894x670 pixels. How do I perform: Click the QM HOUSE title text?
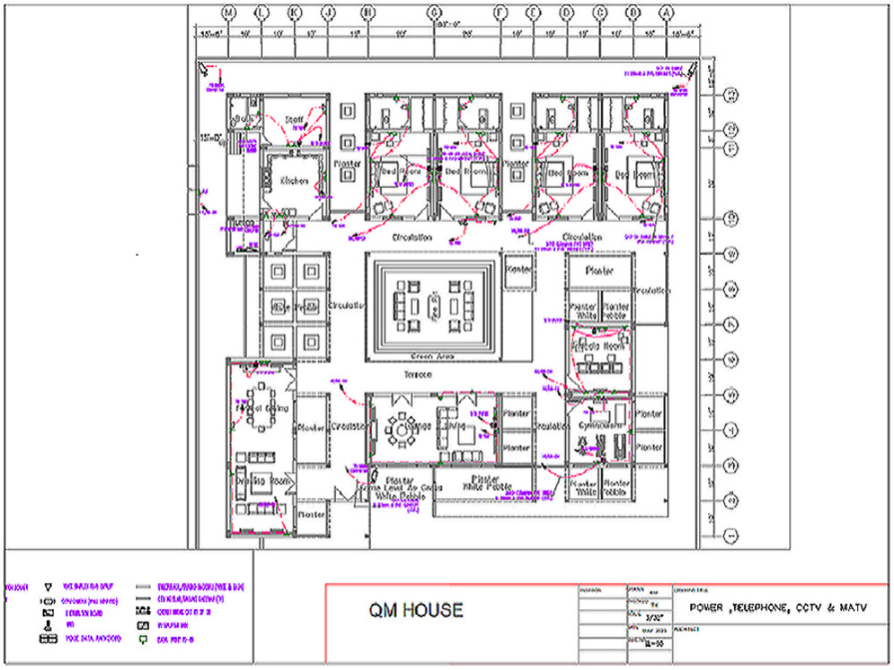pyautogui.click(x=416, y=611)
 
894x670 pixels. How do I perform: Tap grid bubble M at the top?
pyautogui.click(x=229, y=13)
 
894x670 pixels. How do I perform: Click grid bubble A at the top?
pyautogui.click(x=665, y=13)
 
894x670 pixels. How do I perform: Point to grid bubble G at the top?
pyautogui.click(x=434, y=13)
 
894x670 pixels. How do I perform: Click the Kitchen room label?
pyautogui.click(x=294, y=180)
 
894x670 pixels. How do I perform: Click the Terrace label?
pyautogui.click(x=418, y=373)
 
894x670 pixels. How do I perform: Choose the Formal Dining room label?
pyautogui.click(x=262, y=408)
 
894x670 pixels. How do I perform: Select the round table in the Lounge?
pyautogui.click(x=396, y=429)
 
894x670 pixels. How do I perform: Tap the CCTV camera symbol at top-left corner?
pyautogui.click(x=204, y=70)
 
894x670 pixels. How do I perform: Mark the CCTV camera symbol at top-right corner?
pyautogui.click(x=690, y=70)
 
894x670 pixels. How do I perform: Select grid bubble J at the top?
pyautogui.click(x=328, y=13)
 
